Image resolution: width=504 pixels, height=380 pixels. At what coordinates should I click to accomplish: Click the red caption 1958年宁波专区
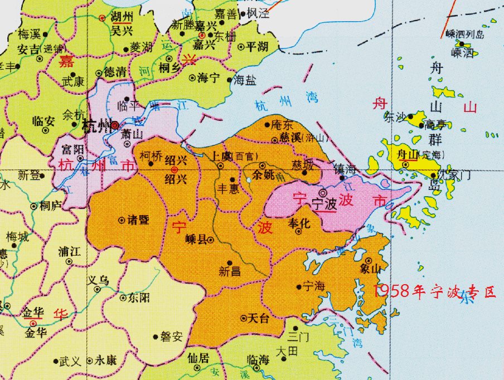click(434, 290)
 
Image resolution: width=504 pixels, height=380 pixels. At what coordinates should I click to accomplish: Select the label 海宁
click(208, 78)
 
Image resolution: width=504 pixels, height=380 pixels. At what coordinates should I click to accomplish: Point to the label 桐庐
click(50, 206)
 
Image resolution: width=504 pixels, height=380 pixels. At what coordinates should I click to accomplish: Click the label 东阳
click(138, 298)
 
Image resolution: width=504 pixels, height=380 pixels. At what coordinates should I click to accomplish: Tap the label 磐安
click(171, 337)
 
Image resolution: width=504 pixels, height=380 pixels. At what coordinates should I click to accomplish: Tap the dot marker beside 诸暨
click(122, 220)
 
